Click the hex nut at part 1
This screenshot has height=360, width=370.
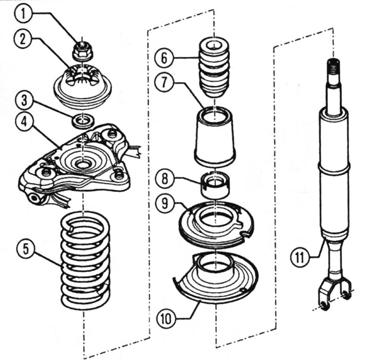click(x=81, y=50)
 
